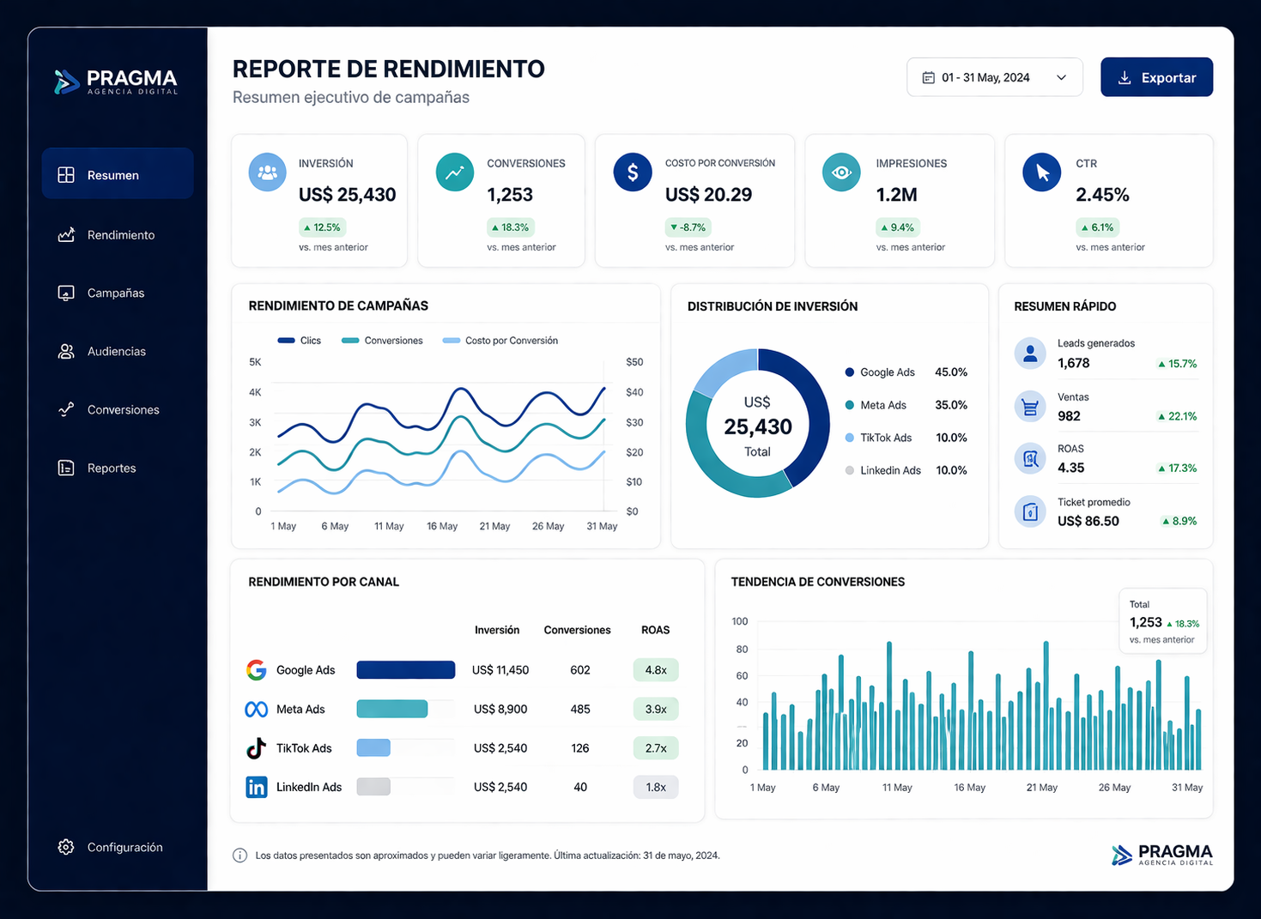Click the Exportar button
pos(1155,77)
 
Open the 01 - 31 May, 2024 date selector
pos(994,77)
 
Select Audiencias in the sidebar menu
pos(116,351)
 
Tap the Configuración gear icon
pos(66,847)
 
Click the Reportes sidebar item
pos(111,468)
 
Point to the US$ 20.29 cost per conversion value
pos(708,195)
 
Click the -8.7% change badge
pos(688,227)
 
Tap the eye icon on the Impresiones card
pos(841,172)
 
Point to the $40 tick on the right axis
pos(634,392)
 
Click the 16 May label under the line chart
pos(442,526)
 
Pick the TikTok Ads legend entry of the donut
pos(885,438)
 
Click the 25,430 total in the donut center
pos(757,426)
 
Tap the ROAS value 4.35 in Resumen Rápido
pos(1070,468)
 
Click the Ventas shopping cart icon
pos(1030,407)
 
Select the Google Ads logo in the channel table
pos(256,670)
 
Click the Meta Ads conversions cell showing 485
pos(579,709)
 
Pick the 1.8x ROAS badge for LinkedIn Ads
pos(656,787)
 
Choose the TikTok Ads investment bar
pos(373,748)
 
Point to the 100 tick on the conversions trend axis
pos(739,621)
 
